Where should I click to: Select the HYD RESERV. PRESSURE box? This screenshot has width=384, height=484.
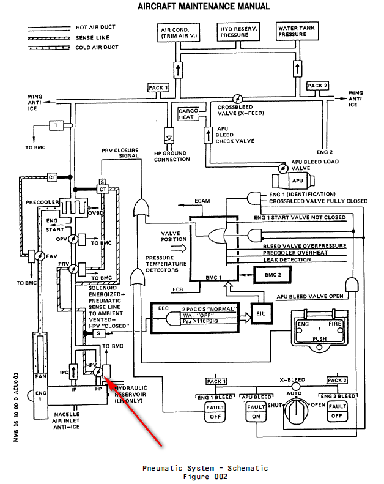point(238,32)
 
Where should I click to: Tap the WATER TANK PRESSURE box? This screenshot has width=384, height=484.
point(296,32)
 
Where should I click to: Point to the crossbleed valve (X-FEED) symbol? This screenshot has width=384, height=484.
point(238,98)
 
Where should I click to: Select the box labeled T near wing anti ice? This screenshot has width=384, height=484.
point(56,125)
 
